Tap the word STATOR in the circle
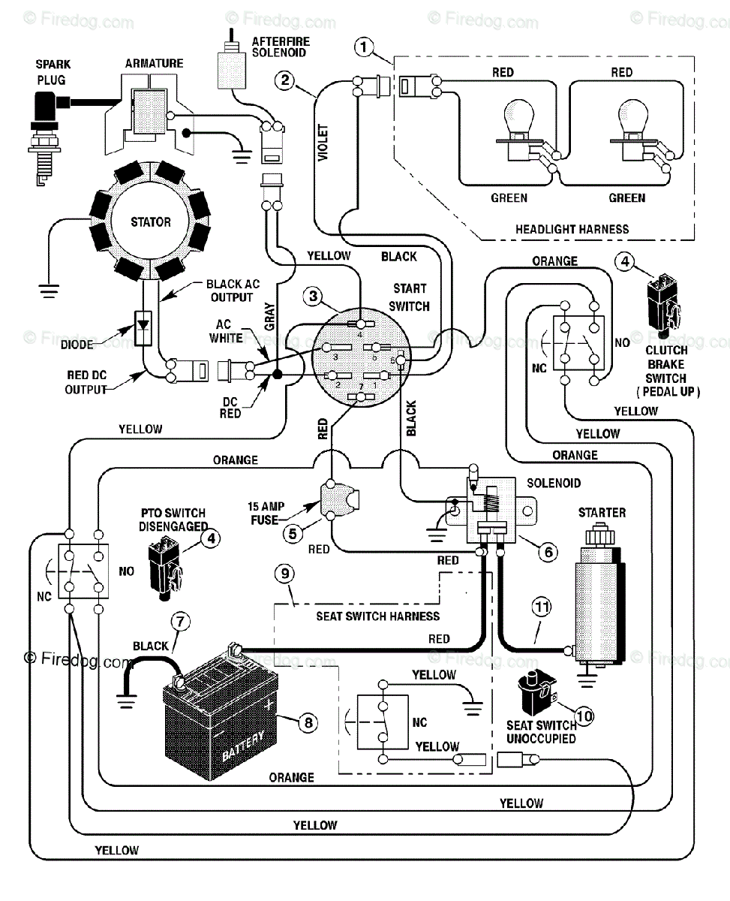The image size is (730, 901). (x=151, y=222)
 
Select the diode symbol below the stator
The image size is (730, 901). (x=143, y=328)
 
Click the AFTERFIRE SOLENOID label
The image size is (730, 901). (x=281, y=47)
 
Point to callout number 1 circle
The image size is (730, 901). (x=364, y=47)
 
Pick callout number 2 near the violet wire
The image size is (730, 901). (x=284, y=80)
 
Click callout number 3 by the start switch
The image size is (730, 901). (x=313, y=296)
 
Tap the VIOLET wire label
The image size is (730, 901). (x=323, y=143)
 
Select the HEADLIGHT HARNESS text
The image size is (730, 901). (x=572, y=229)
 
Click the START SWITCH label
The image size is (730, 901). (x=409, y=297)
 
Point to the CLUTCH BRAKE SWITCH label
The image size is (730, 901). (x=667, y=371)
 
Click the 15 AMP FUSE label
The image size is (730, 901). (x=266, y=513)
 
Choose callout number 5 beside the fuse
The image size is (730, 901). (x=293, y=534)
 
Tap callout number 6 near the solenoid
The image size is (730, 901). (x=548, y=552)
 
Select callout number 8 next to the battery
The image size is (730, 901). (x=308, y=722)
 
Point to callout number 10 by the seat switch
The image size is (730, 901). (x=584, y=716)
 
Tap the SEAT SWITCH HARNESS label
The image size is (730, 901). (x=378, y=616)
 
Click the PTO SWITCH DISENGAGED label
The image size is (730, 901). (x=173, y=520)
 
